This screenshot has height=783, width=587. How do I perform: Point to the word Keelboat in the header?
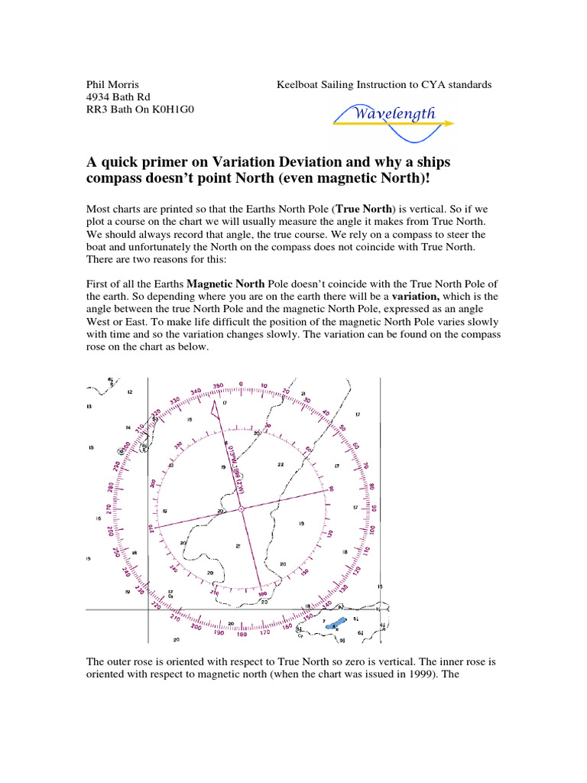tap(299, 84)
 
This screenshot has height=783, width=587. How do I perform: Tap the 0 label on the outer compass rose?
tap(241, 384)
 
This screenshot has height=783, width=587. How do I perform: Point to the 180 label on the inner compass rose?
tap(264, 593)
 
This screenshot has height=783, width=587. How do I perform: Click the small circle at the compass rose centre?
tap(241, 508)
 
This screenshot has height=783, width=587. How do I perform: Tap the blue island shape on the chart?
tap(334, 625)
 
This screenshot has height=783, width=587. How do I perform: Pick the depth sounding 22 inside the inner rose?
tap(281, 464)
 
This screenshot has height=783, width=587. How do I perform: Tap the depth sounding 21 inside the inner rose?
tap(238, 546)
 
